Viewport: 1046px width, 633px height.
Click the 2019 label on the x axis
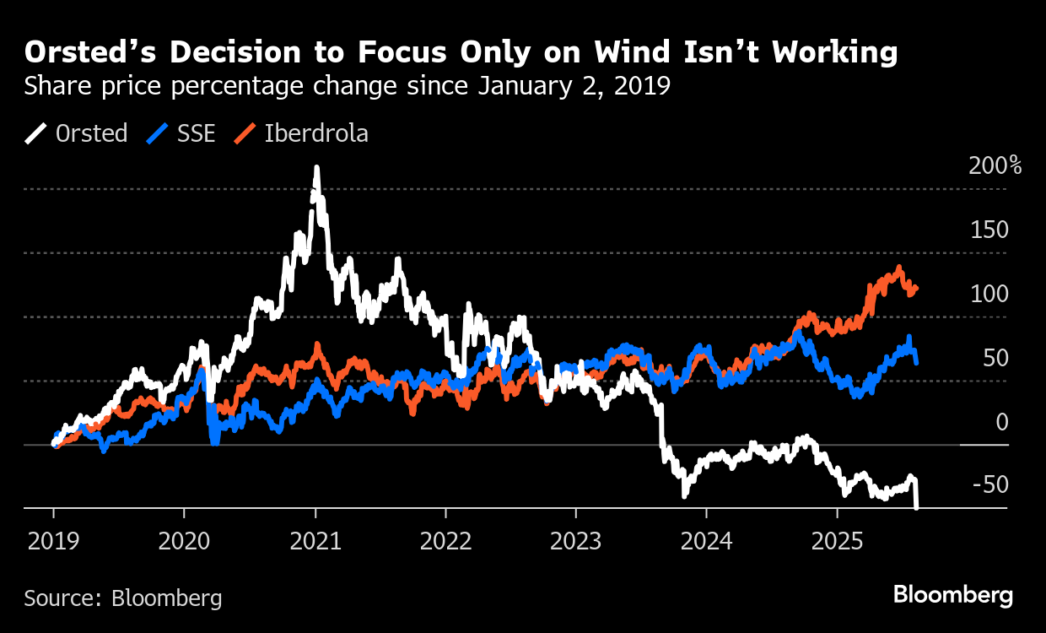tap(53, 541)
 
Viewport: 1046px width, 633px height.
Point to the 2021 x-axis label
tap(315, 541)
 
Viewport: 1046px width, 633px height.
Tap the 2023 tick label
tap(575, 541)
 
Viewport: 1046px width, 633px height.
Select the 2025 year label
tap(837, 541)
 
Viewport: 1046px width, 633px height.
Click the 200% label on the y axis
tap(995, 166)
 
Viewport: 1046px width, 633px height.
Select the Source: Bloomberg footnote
tap(123, 598)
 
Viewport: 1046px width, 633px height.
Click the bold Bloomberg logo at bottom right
tap(953, 595)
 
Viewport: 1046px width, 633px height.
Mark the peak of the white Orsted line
tap(316, 168)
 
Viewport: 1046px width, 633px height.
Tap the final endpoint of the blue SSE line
tap(917, 362)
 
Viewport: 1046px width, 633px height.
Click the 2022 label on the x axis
tap(445, 541)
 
